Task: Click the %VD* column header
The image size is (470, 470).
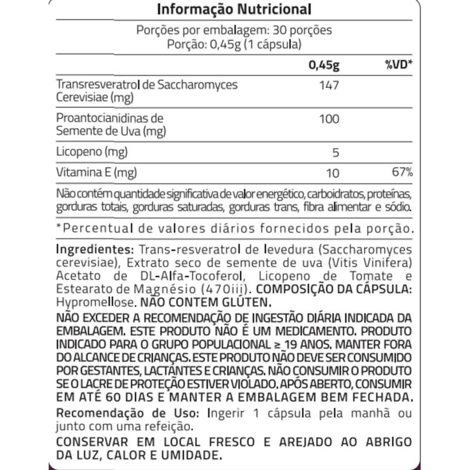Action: [399, 65]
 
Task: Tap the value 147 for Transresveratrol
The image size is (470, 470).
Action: [329, 86]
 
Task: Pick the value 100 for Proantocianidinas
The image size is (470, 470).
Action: [329, 119]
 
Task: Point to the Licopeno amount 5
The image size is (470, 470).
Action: [335, 153]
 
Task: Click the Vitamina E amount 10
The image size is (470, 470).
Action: [333, 173]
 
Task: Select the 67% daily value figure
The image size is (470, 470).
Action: [403, 173]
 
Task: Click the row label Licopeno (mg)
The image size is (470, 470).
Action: [92, 153]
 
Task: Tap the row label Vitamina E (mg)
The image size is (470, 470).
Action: [96, 173]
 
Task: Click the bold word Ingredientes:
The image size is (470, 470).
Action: [91, 249]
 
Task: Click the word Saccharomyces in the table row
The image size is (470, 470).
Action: [200, 85]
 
